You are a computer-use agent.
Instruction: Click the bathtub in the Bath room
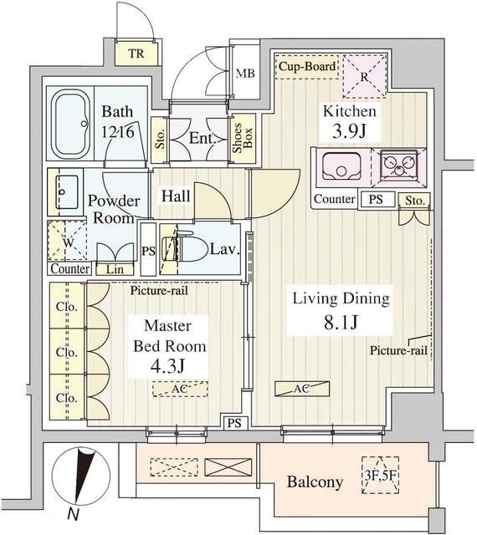(71, 125)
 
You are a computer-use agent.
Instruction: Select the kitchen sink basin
(341, 166)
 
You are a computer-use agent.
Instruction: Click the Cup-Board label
(307, 66)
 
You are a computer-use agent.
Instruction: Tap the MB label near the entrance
(246, 73)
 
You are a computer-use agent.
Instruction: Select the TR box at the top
(136, 53)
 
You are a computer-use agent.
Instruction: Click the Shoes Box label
(242, 137)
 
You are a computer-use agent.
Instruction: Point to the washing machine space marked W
(67, 241)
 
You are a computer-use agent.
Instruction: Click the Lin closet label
(115, 269)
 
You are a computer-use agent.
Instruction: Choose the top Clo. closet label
(66, 307)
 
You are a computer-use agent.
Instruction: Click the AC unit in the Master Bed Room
(180, 389)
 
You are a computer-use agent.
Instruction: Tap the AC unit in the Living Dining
(302, 388)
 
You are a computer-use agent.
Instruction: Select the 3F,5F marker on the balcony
(380, 476)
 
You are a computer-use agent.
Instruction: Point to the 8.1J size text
(341, 322)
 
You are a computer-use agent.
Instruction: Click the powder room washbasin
(66, 192)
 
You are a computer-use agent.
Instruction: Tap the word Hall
(176, 196)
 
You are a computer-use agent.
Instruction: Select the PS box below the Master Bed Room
(234, 423)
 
